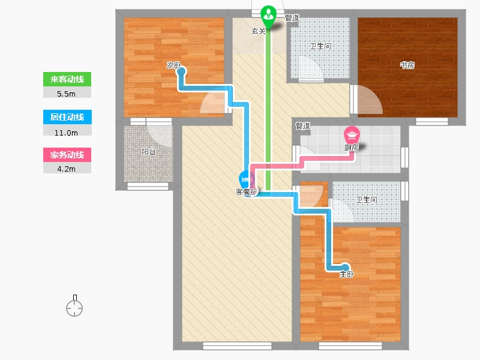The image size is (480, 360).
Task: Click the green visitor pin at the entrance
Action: tap(268, 16)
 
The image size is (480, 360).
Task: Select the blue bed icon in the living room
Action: tap(245, 178)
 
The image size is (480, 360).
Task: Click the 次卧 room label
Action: tap(173, 65)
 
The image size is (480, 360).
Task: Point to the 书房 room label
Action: tap(407, 65)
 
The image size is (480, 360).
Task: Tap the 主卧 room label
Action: tap(347, 274)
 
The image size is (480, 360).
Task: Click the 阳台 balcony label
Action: tap(148, 152)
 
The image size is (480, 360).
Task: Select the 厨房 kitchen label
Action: tap(352, 148)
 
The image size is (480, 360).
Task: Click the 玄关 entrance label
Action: tap(259, 31)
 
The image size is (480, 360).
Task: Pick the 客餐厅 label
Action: tap(247, 192)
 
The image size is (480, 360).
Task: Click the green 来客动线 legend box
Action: tap(67, 79)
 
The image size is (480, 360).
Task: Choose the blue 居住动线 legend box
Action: tap(67, 117)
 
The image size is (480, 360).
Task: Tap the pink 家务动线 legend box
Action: tap(67, 155)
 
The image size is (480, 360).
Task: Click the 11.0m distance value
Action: tap(66, 133)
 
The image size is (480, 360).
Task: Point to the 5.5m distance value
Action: tap(66, 94)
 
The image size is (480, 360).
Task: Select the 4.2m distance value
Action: tap(66, 169)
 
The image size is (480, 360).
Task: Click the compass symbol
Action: tap(74, 306)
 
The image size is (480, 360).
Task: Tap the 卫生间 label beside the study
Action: tap(320, 46)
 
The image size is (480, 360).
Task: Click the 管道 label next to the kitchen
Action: tap(303, 125)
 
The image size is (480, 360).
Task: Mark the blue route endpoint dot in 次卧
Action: tap(182, 71)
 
